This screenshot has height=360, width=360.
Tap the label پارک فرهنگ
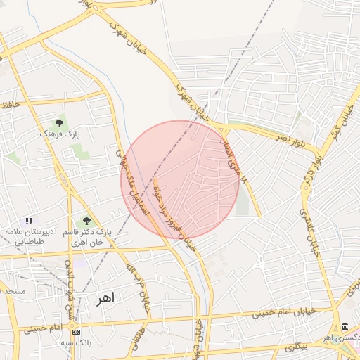pos(60,133)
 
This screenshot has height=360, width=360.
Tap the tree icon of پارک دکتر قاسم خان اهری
pos(86,221)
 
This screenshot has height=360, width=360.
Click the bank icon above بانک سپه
pos(76,331)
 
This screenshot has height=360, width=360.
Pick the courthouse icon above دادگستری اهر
pos(345,327)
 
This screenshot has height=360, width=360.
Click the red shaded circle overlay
pos(180,180)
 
